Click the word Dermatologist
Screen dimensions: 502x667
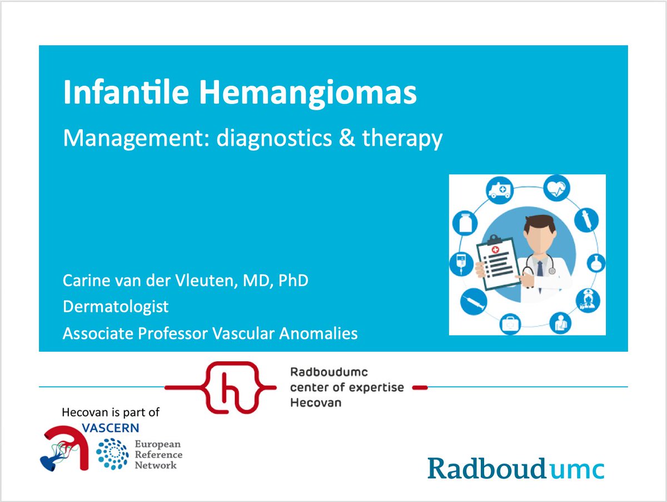click(x=116, y=307)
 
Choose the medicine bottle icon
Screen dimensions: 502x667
click(x=464, y=223)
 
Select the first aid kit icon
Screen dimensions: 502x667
click(x=509, y=322)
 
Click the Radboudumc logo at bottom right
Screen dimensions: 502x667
click(x=515, y=469)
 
